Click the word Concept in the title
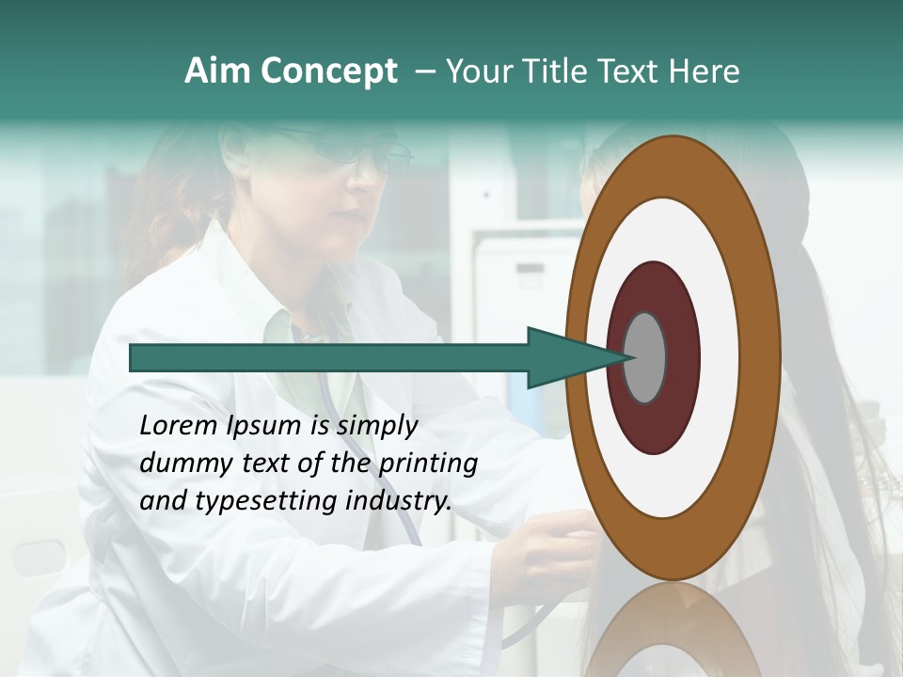(x=329, y=71)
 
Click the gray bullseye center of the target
(x=644, y=357)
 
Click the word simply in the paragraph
(x=376, y=426)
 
